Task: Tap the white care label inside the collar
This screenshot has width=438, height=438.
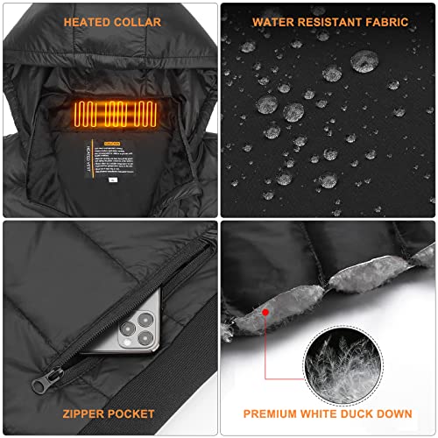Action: (x=109, y=166)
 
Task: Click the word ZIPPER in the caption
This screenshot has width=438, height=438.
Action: (x=88, y=413)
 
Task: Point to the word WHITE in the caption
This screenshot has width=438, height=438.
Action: (x=322, y=413)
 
